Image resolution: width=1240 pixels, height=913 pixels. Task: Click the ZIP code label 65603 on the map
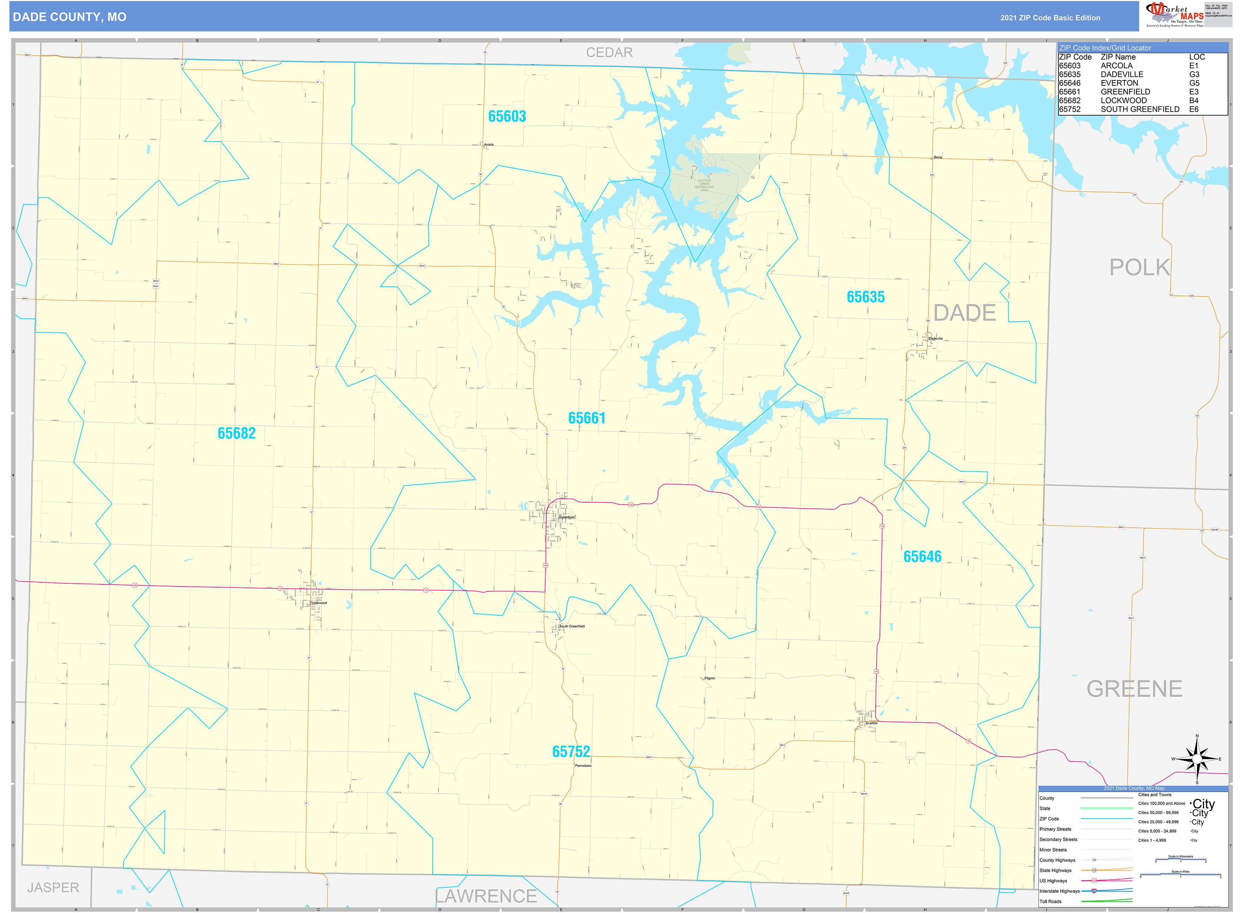[x=507, y=116]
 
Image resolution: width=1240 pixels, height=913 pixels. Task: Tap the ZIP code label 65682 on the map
[x=237, y=433]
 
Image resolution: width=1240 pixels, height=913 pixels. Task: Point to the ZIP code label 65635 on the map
[x=865, y=297]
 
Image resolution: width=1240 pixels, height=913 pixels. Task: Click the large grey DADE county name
[x=964, y=313]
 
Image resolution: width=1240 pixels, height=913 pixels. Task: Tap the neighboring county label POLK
[x=1140, y=268]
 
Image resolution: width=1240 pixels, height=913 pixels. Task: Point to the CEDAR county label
[x=609, y=53]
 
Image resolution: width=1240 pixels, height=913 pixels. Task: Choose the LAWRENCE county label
[x=486, y=896]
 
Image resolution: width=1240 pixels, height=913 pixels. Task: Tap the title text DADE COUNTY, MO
[x=70, y=17]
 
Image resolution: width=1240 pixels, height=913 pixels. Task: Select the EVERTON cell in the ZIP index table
[x=1119, y=83]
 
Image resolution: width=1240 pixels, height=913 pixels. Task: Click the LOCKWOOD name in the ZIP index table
[x=1123, y=100]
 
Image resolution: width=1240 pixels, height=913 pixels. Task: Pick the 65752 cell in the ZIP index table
[x=1069, y=110]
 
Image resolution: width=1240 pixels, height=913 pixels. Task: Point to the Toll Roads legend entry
[x=1050, y=901]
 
